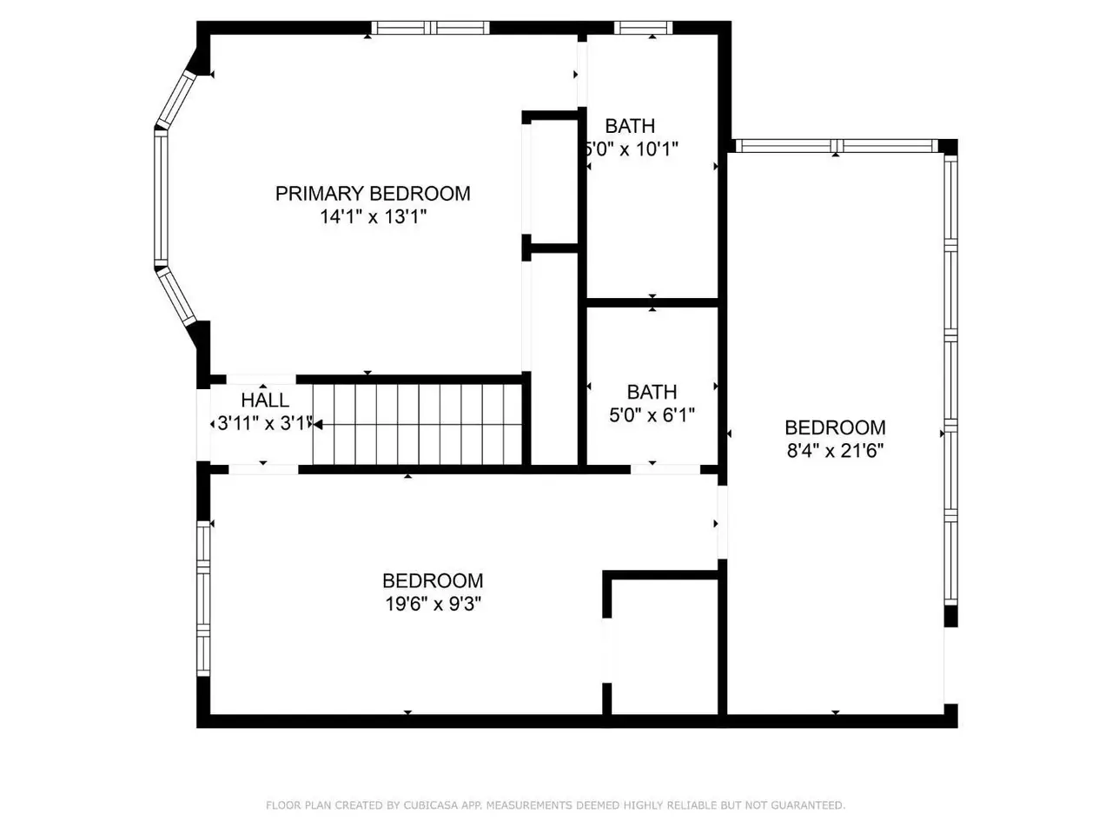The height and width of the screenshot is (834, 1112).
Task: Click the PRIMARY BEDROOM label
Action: coord(373,194)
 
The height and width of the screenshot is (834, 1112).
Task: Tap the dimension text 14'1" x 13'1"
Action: coord(373,216)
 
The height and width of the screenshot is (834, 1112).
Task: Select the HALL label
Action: coord(265,400)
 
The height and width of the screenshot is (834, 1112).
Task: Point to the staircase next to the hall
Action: coord(417,424)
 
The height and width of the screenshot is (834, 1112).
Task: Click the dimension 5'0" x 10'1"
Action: coord(632,149)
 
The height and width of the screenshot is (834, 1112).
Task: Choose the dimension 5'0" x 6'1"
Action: coord(652,415)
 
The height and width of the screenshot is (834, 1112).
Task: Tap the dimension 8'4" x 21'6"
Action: coord(835,450)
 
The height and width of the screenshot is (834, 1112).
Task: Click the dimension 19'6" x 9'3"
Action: coord(434,604)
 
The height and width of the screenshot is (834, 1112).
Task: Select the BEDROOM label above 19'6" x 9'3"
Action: coord(434,580)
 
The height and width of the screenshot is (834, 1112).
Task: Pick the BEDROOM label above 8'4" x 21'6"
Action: coord(835,427)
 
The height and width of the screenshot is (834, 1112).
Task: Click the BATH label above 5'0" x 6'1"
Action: coord(652,392)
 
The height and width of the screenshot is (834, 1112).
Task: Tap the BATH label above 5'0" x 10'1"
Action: coord(630,126)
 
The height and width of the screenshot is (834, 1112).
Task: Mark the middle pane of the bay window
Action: coord(161,197)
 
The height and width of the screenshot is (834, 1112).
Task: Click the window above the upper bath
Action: coord(643,28)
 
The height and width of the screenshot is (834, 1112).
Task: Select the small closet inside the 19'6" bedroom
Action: coord(665,646)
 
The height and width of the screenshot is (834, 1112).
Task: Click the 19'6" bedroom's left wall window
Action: coord(203,599)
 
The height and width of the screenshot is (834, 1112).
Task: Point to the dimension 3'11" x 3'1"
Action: coord(264,423)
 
